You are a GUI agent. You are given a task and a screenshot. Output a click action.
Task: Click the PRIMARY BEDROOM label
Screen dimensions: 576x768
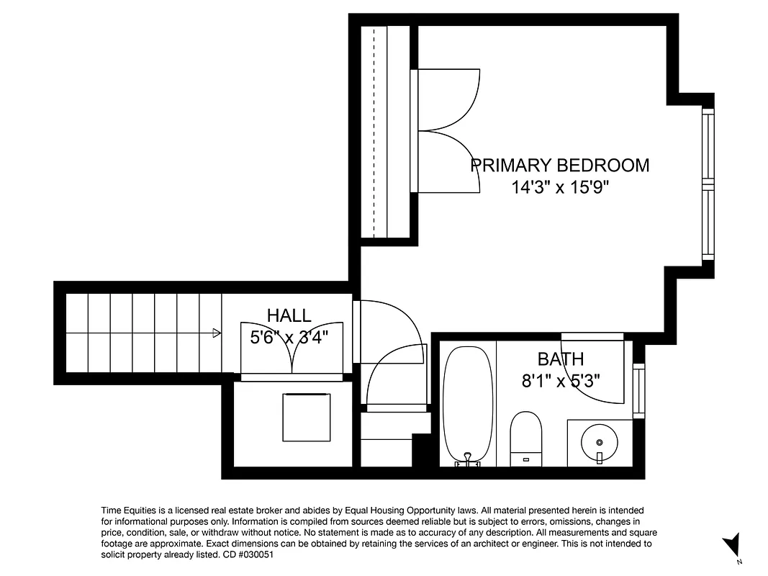click(559, 166)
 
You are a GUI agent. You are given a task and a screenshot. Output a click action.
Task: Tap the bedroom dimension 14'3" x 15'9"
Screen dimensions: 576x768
click(560, 188)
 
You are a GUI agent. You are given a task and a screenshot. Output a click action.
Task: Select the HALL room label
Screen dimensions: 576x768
click(289, 315)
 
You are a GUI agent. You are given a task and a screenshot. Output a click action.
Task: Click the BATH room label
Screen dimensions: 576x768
click(561, 359)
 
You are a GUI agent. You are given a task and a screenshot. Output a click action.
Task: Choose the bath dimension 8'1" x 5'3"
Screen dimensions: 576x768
click(561, 380)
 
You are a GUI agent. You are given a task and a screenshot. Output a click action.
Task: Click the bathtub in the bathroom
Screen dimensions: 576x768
click(467, 403)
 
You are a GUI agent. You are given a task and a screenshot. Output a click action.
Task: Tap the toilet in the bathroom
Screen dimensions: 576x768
click(525, 438)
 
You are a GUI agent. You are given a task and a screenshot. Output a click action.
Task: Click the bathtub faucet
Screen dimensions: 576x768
click(468, 459)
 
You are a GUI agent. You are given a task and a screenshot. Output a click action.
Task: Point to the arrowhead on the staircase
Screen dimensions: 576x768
click(217, 333)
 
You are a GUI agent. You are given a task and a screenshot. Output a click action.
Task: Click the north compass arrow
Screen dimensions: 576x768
click(732, 544)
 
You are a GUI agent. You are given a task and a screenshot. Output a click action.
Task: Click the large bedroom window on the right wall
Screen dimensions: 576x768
click(708, 184)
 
